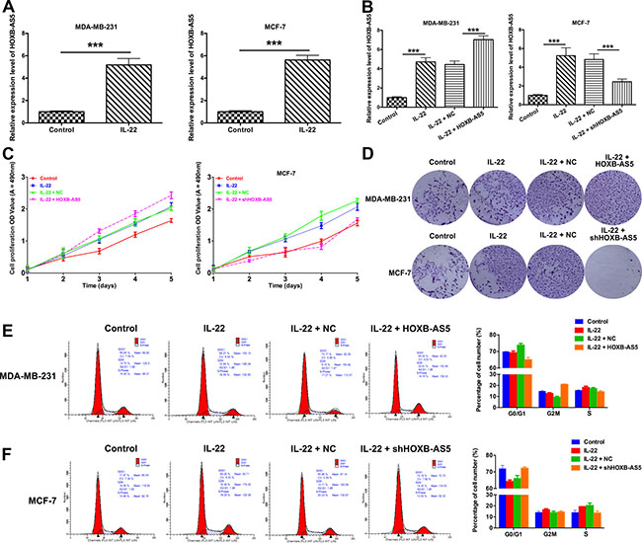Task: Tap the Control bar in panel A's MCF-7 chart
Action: click(x=245, y=116)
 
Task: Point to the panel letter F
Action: click(x=8, y=427)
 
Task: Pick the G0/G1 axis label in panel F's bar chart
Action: click(x=517, y=530)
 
